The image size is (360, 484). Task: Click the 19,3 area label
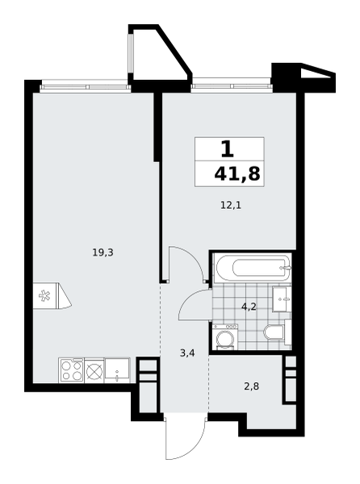pos(103,253)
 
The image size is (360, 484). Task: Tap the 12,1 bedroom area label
pos(231,205)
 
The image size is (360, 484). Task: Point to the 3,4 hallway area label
pos(187,353)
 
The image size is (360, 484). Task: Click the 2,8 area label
pos(251,386)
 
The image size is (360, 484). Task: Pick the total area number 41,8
pos(237,174)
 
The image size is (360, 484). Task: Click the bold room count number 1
pos(228,148)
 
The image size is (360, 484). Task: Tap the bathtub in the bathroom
pos(253,268)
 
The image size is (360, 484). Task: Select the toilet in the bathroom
pos(274,332)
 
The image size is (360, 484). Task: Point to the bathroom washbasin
pos(282,298)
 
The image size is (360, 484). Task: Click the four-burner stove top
pos(72,369)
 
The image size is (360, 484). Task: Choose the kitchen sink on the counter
pos(117,369)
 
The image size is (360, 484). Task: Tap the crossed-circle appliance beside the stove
pos(94,369)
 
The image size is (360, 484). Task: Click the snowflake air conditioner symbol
pos(45,295)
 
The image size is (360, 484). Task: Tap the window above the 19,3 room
pos(86,87)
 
